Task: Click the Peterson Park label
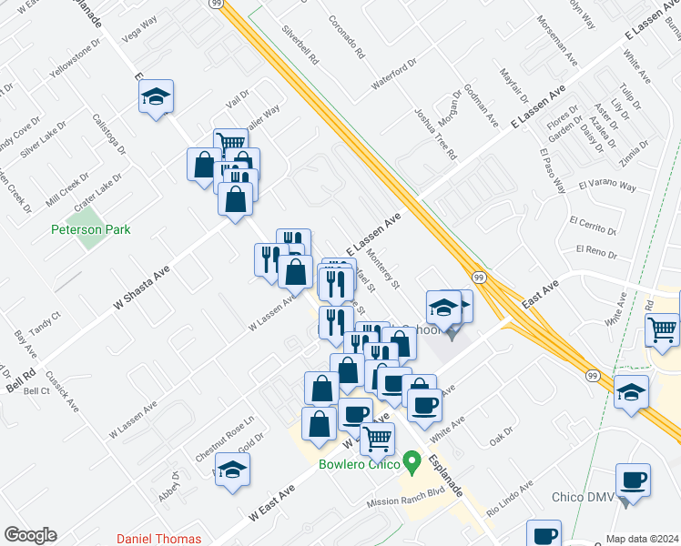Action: [90, 229]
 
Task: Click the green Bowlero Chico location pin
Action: [412, 464]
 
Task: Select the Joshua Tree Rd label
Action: [435, 133]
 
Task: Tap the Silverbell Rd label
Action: [300, 42]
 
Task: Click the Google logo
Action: [30, 535]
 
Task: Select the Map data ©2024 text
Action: [642, 539]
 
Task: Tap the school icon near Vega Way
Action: [157, 96]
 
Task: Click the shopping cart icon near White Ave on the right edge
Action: [662, 328]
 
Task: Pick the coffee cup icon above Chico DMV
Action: [633, 480]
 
